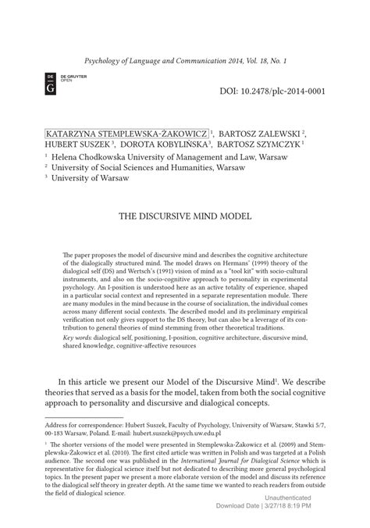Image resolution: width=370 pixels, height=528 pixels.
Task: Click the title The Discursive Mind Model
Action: coord(184,215)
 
